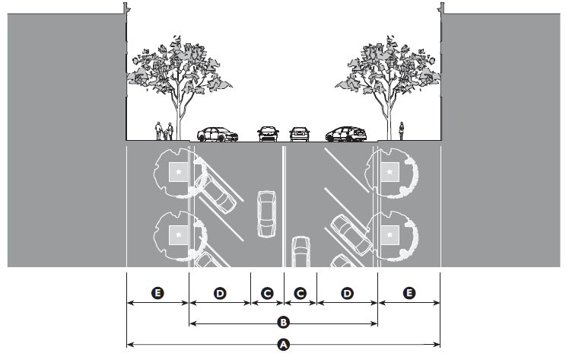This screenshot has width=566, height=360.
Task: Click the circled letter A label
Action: (x=283, y=345)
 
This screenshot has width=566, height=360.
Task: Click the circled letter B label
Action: (x=283, y=322)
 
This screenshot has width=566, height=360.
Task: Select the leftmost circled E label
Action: (x=157, y=292)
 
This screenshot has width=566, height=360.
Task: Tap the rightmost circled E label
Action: (x=409, y=292)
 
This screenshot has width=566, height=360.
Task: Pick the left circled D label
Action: (x=220, y=292)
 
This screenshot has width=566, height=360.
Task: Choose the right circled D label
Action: (x=346, y=292)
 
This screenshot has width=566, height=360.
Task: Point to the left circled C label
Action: (x=267, y=292)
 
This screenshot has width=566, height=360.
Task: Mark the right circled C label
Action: (x=300, y=292)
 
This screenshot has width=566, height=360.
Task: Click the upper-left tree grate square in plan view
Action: (x=178, y=174)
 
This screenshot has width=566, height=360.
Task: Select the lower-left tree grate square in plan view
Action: (x=178, y=237)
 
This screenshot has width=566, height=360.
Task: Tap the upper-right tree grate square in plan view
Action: (x=390, y=174)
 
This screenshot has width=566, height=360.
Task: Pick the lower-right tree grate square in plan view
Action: (x=390, y=237)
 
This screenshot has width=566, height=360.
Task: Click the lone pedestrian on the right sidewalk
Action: (x=402, y=132)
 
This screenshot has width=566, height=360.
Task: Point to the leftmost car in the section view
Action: (x=217, y=135)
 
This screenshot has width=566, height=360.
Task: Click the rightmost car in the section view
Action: (x=347, y=135)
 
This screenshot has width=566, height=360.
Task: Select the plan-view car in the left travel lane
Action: (x=266, y=214)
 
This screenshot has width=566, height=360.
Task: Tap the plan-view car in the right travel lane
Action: (x=300, y=253)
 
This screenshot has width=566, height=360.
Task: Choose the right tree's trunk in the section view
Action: (x=391, y=114)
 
